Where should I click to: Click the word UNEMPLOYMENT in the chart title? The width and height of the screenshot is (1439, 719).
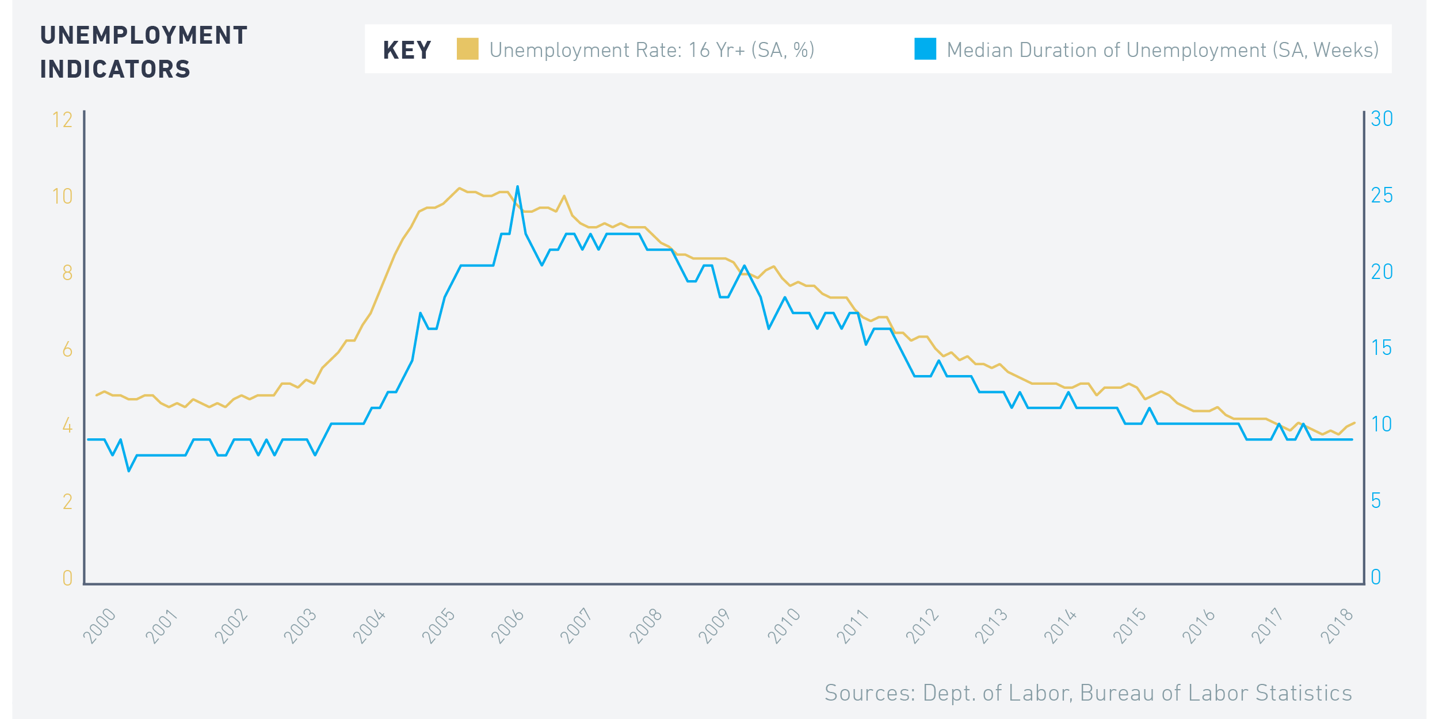point(143,36)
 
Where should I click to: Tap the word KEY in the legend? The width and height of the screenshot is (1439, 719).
point(407,51)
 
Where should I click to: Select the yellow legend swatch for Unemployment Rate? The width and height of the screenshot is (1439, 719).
point(467,49)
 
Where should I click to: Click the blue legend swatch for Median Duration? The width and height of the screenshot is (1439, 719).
point(925,49)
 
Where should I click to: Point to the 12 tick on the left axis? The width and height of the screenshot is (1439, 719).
point(62,120)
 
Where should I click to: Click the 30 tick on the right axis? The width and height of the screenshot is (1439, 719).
point(1381,119)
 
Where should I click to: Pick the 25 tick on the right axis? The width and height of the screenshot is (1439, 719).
point(1381,196)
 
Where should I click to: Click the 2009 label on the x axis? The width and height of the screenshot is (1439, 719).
point(715,626)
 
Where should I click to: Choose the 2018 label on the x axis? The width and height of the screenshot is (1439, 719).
point(1336,626)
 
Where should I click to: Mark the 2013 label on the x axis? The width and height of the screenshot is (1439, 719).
point(991,626)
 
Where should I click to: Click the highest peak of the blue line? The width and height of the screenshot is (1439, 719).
point(517,186)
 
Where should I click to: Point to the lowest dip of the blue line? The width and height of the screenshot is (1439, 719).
point(129,471)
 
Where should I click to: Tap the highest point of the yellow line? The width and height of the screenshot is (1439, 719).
point(459,188)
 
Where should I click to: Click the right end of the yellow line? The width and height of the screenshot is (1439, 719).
point(1354,423)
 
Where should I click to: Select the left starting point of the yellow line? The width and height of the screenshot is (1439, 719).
point(96,396)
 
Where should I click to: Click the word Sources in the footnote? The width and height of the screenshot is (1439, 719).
point(869,693)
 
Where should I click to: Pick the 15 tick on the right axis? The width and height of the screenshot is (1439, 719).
point(1381,349)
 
